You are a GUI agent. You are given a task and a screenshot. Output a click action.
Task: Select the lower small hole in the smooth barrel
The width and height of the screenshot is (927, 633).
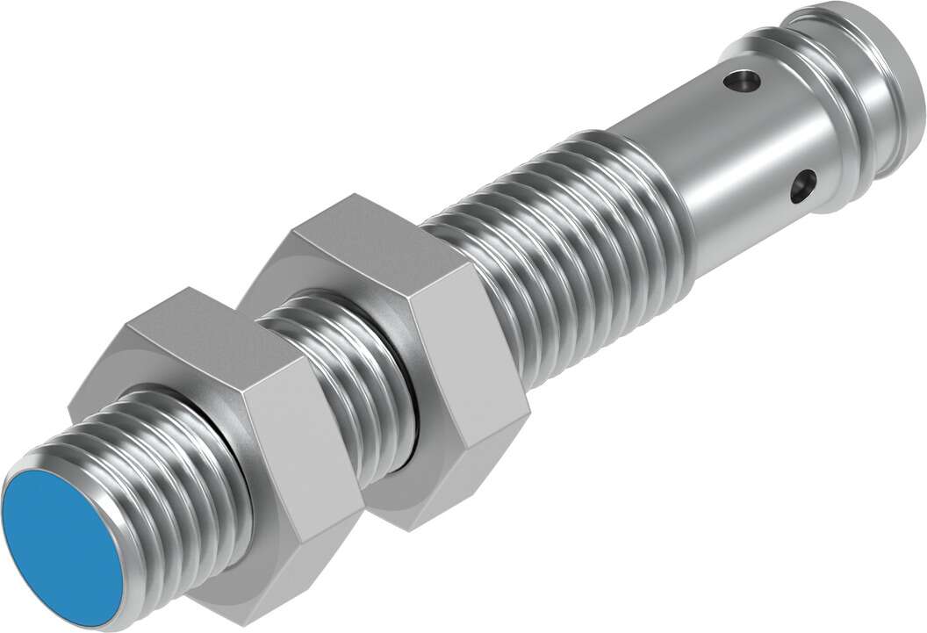pyautogui.click(x=802, y=185)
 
